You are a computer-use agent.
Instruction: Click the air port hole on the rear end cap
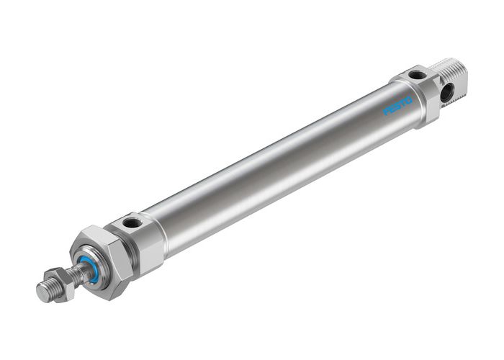click(416, 76)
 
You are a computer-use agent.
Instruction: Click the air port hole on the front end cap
click(132, 223)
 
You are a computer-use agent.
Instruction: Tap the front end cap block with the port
click(140, 238)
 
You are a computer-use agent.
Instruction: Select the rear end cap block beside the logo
click(421, 94)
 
